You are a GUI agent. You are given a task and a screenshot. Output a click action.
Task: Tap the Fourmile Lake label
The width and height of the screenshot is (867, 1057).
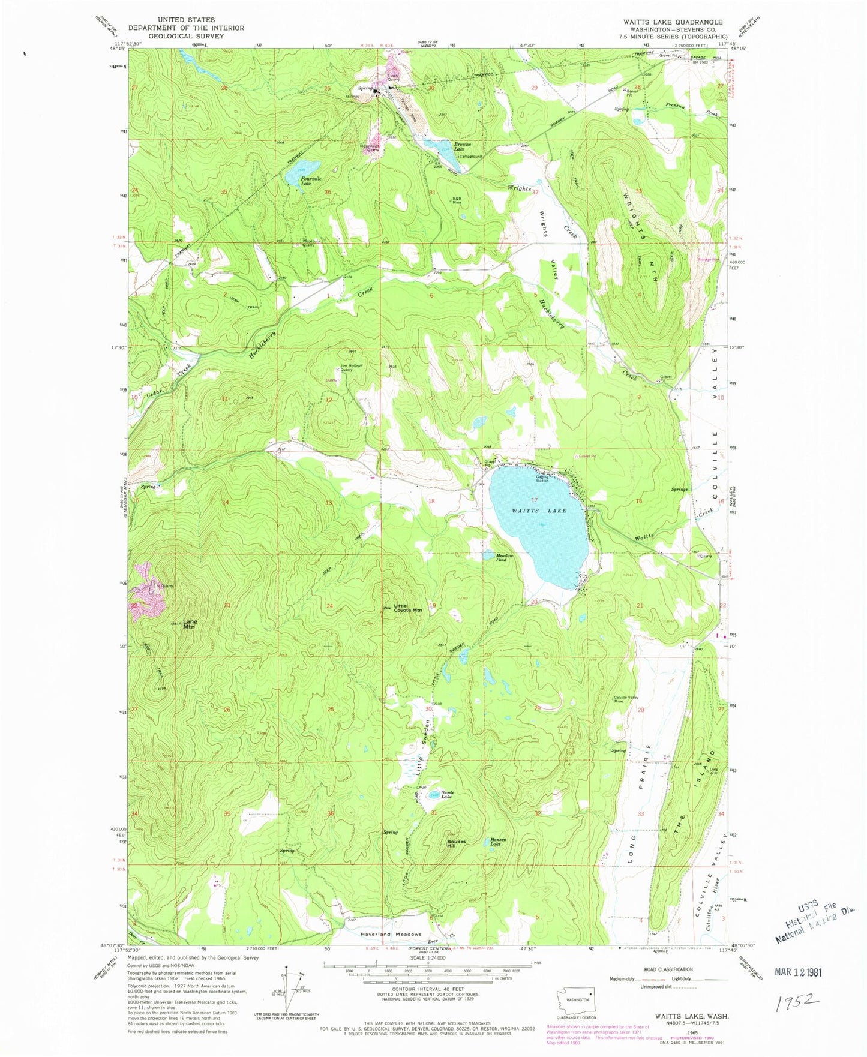(298, 181)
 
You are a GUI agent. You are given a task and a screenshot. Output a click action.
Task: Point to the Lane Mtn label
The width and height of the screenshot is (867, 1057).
(190, 624)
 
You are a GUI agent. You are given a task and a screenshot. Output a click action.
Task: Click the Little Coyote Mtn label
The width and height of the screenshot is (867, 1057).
(408, 608)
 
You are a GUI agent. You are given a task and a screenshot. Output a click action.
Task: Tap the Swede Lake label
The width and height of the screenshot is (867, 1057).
(448, 795)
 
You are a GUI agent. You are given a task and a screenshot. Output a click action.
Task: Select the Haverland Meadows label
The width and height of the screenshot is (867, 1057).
(391, 935)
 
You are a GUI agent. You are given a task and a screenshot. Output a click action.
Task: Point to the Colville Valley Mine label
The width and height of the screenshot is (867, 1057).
(625, 699)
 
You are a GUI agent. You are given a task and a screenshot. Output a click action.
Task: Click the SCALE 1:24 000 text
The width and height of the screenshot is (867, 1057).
(427, 957)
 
